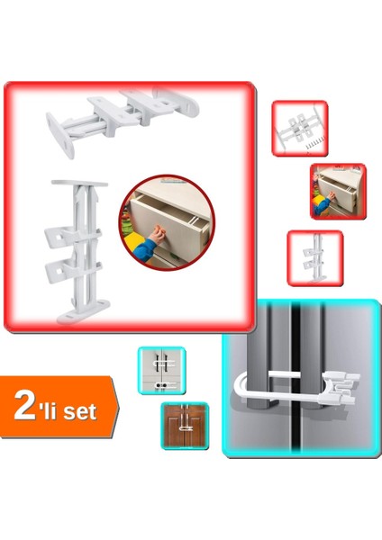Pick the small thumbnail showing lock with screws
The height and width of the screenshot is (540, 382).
coord(299,129)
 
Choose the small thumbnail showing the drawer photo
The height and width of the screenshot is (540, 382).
coord(337,191)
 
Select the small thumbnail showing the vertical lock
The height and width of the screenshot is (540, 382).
coord(314,258)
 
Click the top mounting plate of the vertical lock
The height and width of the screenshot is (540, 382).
coord(79,184)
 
